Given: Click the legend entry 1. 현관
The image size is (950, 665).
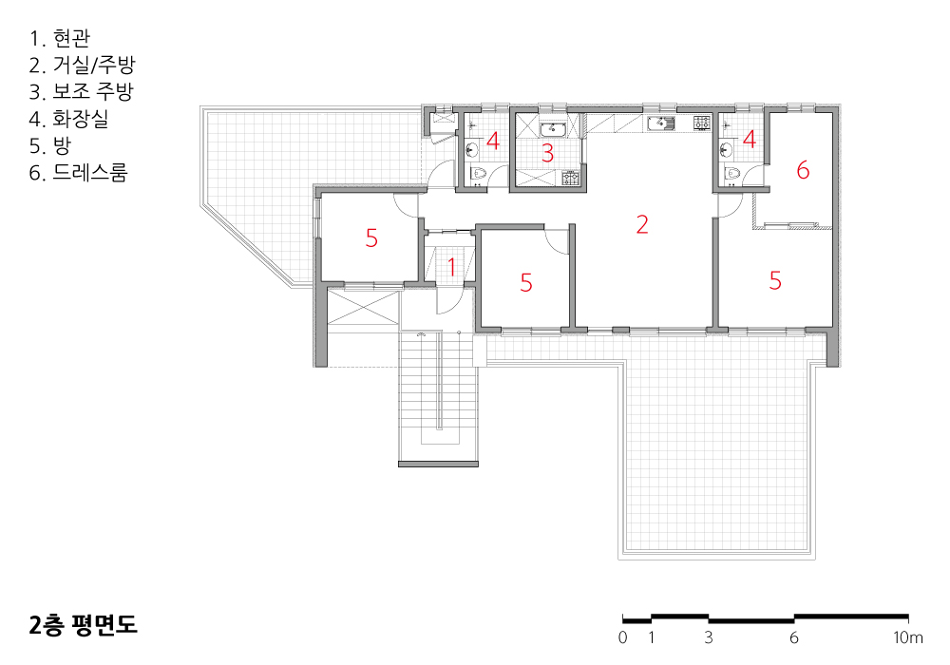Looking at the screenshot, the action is pos(60,38).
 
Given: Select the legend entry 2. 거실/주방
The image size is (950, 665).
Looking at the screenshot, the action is pos(82,65).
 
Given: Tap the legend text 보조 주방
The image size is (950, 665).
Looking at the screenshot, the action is pos(93,91).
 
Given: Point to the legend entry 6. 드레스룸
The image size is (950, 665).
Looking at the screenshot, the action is pos(78,173).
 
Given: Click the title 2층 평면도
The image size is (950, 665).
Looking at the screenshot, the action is pos(83,625).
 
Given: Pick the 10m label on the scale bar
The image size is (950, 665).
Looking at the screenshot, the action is pos(907,637).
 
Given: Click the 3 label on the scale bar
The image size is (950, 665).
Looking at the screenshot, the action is pos(709,637).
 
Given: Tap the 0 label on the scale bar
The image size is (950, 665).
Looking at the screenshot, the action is pos(623,637).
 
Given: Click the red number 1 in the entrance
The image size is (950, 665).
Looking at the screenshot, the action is pos(451,267).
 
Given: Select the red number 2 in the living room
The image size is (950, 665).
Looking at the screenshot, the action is pos(642,224).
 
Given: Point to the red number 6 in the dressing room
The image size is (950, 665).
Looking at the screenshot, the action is pos(803,170).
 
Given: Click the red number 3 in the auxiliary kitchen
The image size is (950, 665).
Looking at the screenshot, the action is pos(548,153).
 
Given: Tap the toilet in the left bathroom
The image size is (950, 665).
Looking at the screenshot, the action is pos(479,174).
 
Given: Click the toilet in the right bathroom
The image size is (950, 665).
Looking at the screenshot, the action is pos(732,174).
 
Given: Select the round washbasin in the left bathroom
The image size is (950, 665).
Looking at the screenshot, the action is pos(472,149).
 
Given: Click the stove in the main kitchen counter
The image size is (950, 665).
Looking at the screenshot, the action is pos(702,123).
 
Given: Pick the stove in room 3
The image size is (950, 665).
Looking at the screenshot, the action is pos(570,178).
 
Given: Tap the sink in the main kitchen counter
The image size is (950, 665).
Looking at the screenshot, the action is pos(661,123).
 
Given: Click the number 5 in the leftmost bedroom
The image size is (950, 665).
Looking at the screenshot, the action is pos(371,238).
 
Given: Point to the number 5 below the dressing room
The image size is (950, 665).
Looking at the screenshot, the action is pos(775,280).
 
